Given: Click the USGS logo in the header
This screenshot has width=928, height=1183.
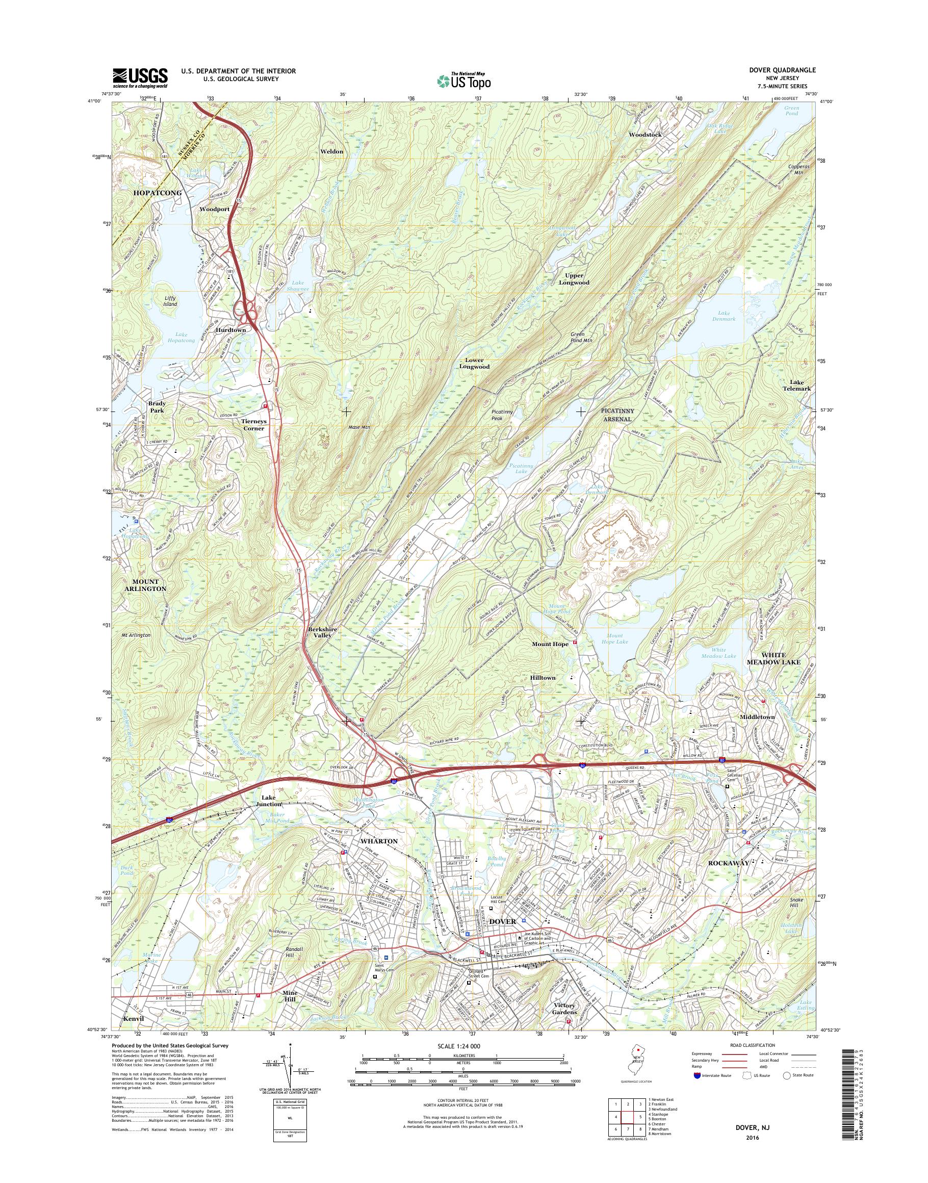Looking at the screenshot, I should (x=140, y=78).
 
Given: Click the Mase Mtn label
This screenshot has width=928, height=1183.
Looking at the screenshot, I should (x=358, y=428).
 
